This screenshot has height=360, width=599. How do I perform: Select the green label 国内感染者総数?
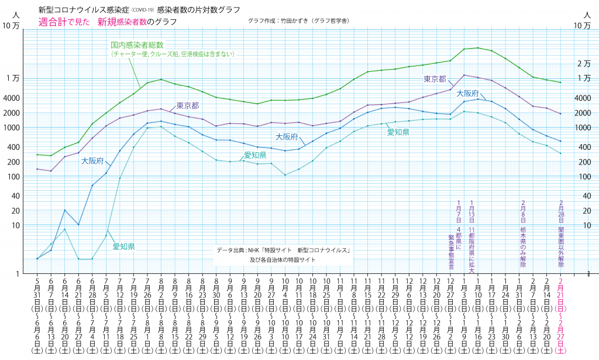tap(137, 44)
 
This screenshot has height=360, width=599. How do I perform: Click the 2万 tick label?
tap(583, 64)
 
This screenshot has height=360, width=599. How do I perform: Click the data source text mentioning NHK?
tap(283, 251)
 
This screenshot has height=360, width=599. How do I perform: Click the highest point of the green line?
tap(478, 47)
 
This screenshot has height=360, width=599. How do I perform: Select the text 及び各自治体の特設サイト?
tap(283, 259)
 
